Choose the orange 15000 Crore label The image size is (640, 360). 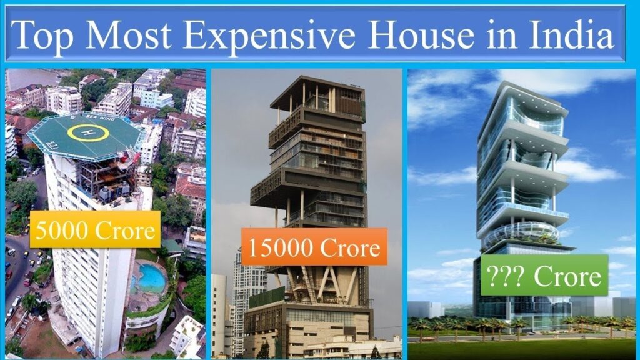coord(314,247)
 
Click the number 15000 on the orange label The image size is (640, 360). coord(277,248)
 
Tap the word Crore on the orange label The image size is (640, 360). coord(350,248)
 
